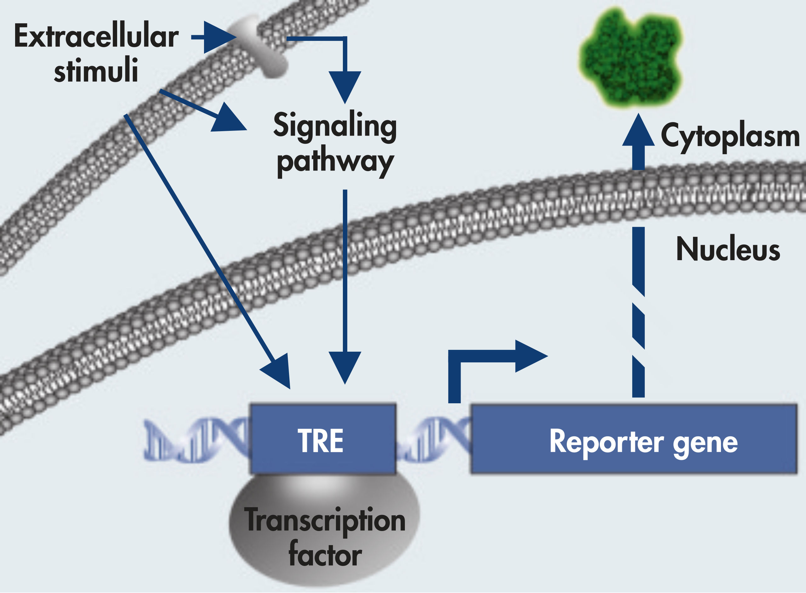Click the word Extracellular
click(96, 36)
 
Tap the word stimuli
click(96, 70)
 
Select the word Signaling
click(335, 126)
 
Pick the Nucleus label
click(728, 249)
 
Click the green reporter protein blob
click(631, 59)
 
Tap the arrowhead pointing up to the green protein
click(638, 131)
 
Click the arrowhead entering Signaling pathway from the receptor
click(345, 86)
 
